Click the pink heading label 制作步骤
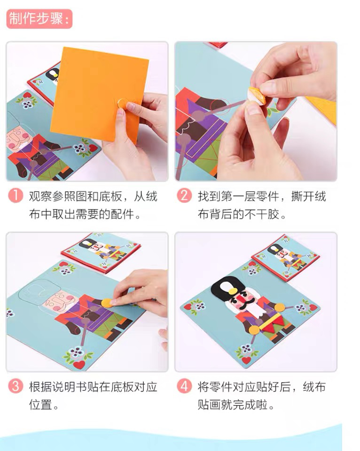coord(39,19)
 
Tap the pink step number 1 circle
coord(16,195)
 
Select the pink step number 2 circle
coord(184,195)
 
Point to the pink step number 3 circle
coord(16,386)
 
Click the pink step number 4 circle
coord(184,386)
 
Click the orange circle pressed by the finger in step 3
coord(107,303)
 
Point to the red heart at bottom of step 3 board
coord(79,365)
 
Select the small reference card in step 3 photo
coord(101,252)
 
